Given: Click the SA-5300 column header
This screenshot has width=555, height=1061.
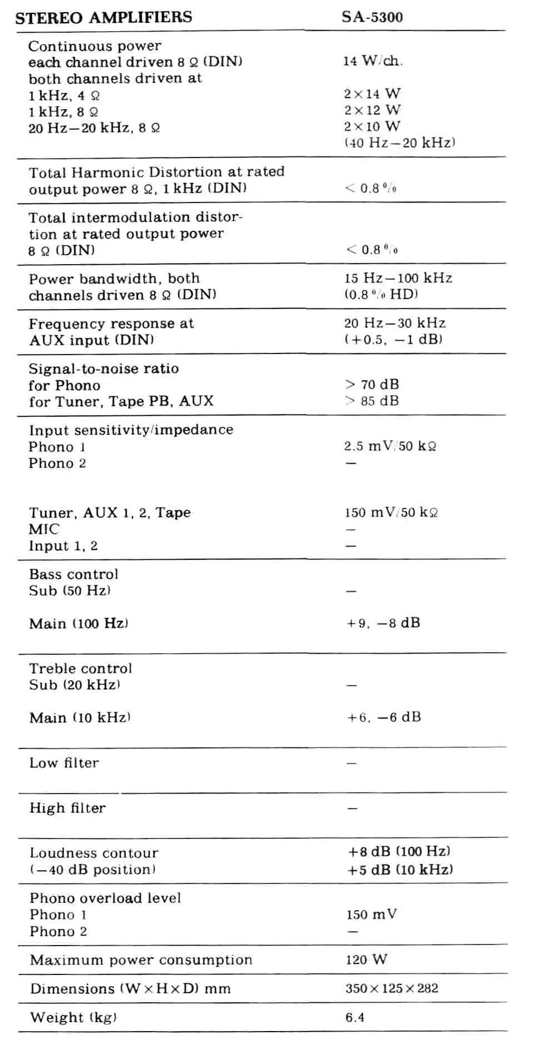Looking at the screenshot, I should pos(372,17).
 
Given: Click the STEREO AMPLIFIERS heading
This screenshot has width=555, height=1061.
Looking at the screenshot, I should pos(103,17).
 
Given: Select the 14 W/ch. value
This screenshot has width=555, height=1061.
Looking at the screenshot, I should pos(372,61).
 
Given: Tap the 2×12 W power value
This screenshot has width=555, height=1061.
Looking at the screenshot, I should pos(372,110).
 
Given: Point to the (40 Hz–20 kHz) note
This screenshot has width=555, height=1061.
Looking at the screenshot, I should pos(399,143).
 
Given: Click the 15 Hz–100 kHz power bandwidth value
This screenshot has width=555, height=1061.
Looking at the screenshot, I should pos(398,278).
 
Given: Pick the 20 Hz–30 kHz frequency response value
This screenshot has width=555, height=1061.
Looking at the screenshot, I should pos(394,323).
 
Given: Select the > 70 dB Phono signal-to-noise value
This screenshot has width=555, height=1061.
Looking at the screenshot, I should pos(372,385).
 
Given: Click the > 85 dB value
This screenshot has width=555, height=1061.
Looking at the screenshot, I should pos(372,401).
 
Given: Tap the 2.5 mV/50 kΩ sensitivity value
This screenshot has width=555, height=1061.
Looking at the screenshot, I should pos(390,446).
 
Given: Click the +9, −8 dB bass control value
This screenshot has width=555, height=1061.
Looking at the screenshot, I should pos(383,623).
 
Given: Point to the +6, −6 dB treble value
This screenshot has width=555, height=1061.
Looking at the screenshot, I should pos(384,718).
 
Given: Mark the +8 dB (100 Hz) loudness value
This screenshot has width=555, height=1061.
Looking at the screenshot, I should pos(399,851).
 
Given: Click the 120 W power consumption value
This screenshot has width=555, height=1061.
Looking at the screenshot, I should pos(366,959).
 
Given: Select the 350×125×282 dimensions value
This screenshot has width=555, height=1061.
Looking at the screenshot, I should pos(392,988).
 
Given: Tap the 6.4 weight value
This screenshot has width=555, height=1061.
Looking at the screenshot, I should pos(355,1017).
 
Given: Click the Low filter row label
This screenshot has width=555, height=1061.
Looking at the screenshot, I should pos(64,763).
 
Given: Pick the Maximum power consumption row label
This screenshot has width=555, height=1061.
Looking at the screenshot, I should pos(141,960).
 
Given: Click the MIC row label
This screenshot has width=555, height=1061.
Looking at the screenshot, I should pos(44,529).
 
